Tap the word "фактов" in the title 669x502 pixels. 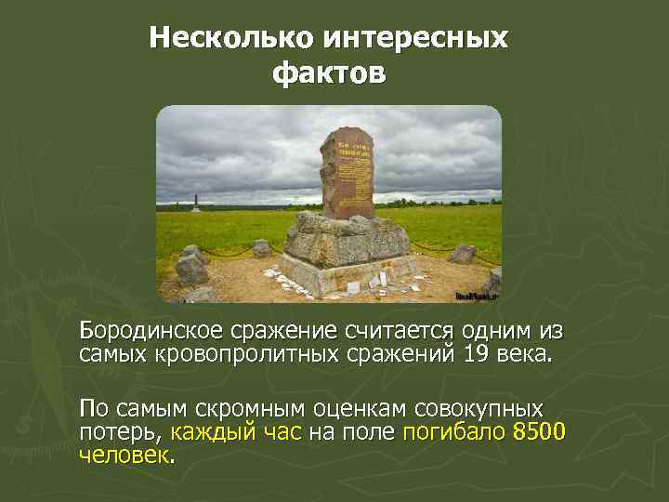(328, 72)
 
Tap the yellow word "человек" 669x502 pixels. (125, 455)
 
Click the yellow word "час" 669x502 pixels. (280, 431)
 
